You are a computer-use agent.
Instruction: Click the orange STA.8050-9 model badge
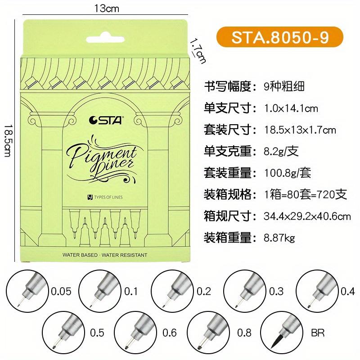(279, 37)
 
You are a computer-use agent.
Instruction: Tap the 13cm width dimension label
(107, 9)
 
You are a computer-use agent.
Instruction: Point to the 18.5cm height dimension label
(8, 141)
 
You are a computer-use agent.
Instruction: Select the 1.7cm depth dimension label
(198, 51)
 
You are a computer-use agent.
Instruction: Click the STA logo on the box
(106, 120)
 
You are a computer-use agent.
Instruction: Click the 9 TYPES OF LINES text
(105, 197)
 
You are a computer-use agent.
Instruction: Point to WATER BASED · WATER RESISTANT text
(105, 255)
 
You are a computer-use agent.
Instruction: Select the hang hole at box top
(105, 39)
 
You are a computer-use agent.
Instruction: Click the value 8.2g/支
(281, 151)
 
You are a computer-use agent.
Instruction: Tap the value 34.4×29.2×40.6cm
(307, 216)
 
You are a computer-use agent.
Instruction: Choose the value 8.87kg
(279, 238)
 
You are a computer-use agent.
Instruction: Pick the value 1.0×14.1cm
(291, 108)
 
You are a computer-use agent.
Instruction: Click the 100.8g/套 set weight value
(288, 173)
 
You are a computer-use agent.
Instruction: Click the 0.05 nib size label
(61, 291)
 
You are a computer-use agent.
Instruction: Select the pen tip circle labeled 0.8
(208, 333)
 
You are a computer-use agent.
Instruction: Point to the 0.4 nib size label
(348, 291)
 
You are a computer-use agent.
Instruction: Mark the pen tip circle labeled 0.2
(172, 291)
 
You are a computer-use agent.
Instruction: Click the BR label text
(318, 333)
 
